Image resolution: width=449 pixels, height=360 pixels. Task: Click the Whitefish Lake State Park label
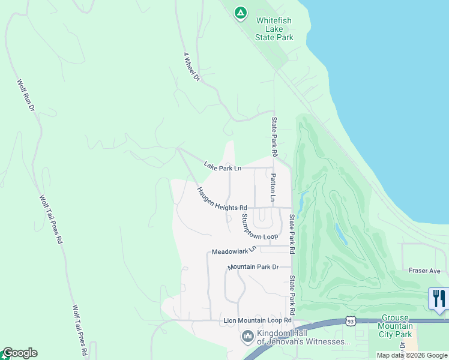(x=274, y=29)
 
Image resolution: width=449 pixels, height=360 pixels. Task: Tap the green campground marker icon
(x=240, y=12)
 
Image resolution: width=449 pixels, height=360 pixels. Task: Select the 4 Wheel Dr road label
(x=191, y=67)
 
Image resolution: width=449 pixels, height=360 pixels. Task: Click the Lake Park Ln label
(x=222, y=166)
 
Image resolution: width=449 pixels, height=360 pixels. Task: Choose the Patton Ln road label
(x=273, y=188)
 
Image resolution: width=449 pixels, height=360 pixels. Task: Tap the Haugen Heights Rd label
(x=222, y=199)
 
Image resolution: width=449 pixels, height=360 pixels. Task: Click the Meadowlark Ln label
(x=234, y=250)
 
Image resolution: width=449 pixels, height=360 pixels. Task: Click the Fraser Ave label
(x=425, y=271)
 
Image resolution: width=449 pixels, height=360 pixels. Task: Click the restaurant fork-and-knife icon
(x=439, y=298)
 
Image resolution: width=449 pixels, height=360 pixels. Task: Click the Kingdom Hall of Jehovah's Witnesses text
(x=303, y=338)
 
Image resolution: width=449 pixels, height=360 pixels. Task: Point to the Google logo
(x=19, y=353)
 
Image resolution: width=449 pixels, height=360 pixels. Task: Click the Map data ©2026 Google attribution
(x=412, y=355)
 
